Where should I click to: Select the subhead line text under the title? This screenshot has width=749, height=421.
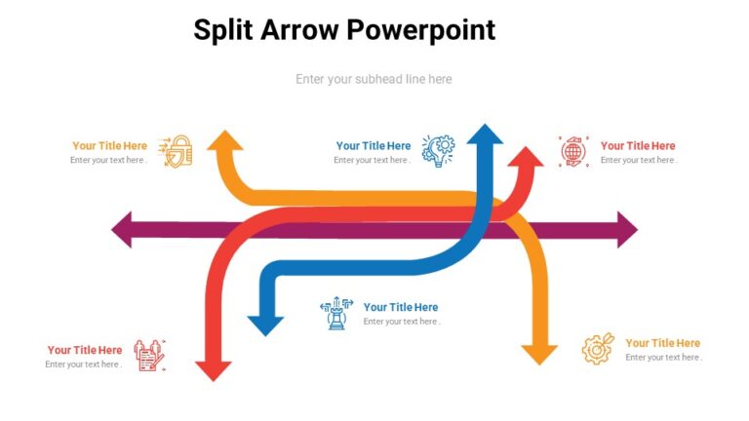click(x=374, y=79)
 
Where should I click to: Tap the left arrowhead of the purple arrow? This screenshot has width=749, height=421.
click(x=123, y=230)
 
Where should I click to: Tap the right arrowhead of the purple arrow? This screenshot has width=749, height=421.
click(x=624, y=230)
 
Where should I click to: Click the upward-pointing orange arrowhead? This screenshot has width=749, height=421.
click(x=226, y=141)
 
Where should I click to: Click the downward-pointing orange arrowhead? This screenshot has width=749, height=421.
click(x=538, y=353)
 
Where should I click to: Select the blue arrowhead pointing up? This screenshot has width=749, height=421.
click(x=484, y=135)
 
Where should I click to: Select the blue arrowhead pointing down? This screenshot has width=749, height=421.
click(x=265, y=325)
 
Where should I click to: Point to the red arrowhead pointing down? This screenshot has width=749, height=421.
click(x=214, y=369)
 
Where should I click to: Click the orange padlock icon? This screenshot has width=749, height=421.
click(x=177, y=151)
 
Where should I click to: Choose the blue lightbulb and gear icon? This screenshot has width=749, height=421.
click(x=438, y=150)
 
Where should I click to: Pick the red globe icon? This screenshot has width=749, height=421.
click(x=574, y=151)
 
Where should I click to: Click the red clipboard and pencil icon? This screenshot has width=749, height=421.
click(x=150, y=355)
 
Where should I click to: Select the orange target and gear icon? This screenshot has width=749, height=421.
click(x=598, y=348)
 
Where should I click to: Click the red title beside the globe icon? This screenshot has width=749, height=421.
click(x=638, y=146)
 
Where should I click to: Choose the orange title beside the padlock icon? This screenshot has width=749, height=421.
click(x=109, y=146)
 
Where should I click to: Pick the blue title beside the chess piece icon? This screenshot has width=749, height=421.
click(x=401, y=307)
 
